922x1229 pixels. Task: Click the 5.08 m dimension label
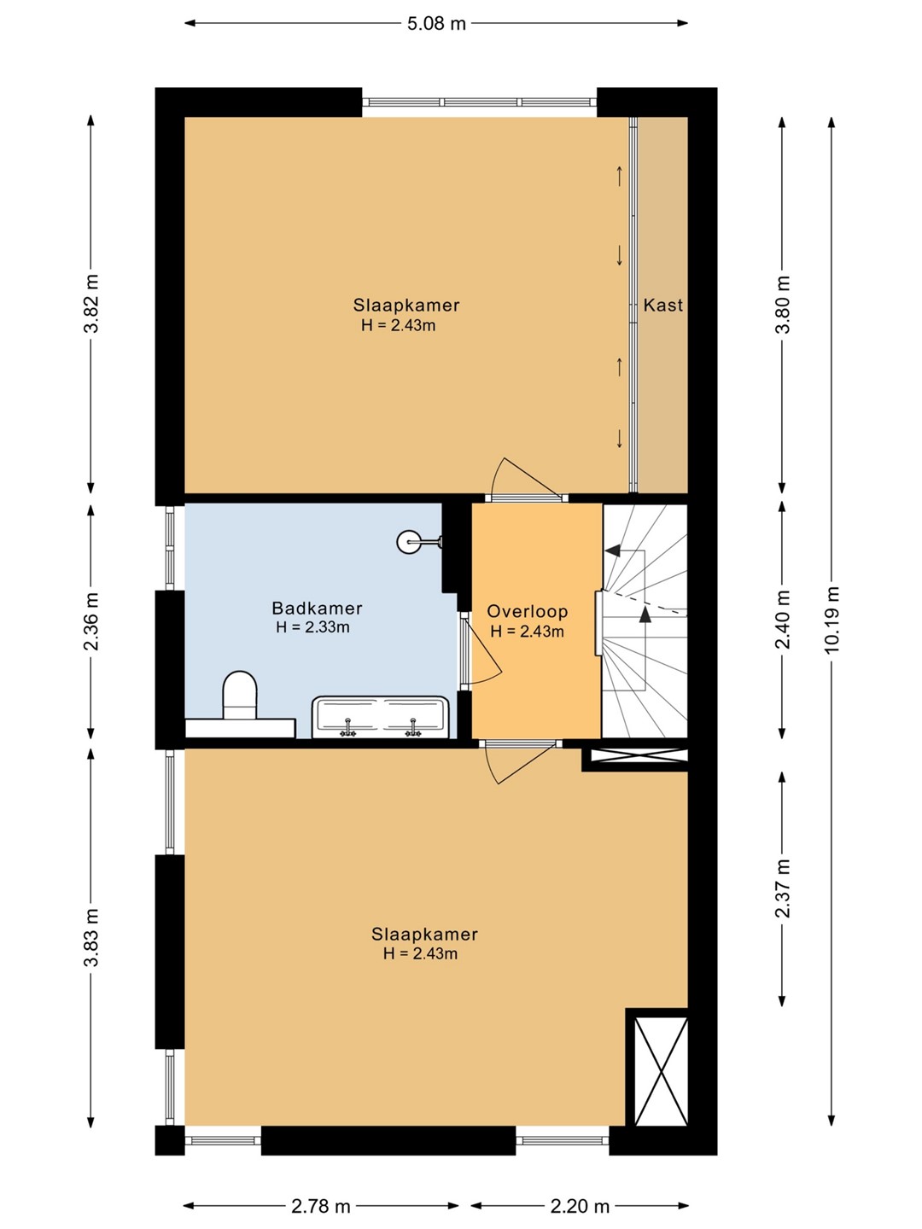[436, 24]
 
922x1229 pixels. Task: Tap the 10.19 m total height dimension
[832, 620]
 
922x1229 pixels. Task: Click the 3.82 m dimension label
[91, 304]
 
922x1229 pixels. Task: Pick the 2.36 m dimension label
[91, 621]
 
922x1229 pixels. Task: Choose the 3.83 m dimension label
[91, 937]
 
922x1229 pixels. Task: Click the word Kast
[662, 306]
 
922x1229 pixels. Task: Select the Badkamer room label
[317, 608]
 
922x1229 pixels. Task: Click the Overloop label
[528, 611]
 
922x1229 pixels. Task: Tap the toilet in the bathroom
[240, 695]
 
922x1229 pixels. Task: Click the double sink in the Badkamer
[381, 717]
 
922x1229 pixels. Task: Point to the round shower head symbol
[407, 542]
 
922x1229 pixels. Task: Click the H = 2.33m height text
[312, 627]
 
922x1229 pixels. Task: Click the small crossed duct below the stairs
[639, 755]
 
